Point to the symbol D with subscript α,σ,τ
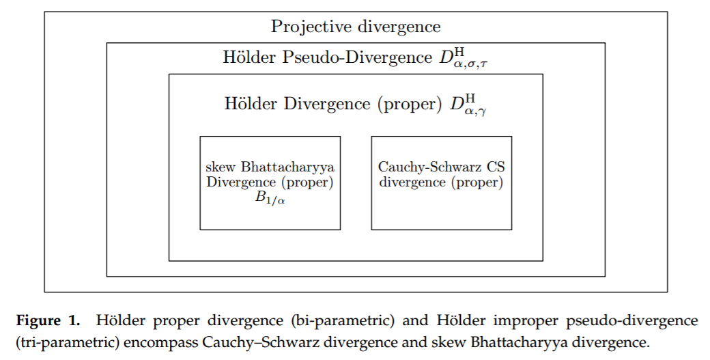pyautogui.click(x=463, y=59)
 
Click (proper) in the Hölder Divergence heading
pyautogui.click(x=410, y=104)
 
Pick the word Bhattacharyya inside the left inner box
pyautogui.click(x=287, y=167)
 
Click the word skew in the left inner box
pyautogui.click(x=221, y=167)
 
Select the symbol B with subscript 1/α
pyautogui.click(x=270, y=198)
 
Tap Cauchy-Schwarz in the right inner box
pyautogui.click(x=429, y=167)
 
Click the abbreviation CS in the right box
pyautogui.click(x=496, y=167)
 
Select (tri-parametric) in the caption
pyautogui.click(x=68, y=342)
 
